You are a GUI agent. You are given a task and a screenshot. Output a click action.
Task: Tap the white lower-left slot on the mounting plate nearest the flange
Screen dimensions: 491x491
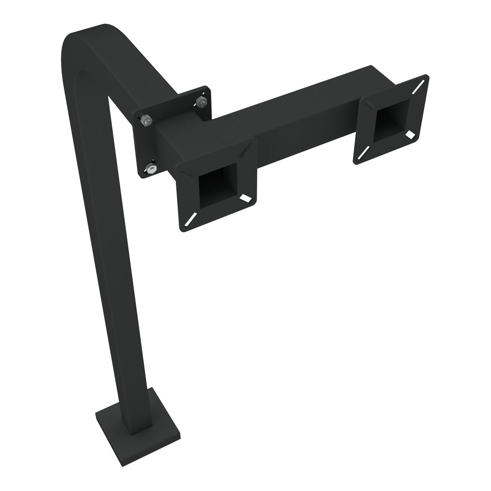[189, 220]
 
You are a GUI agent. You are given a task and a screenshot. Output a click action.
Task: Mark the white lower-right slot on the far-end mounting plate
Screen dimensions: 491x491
[410, 134]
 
